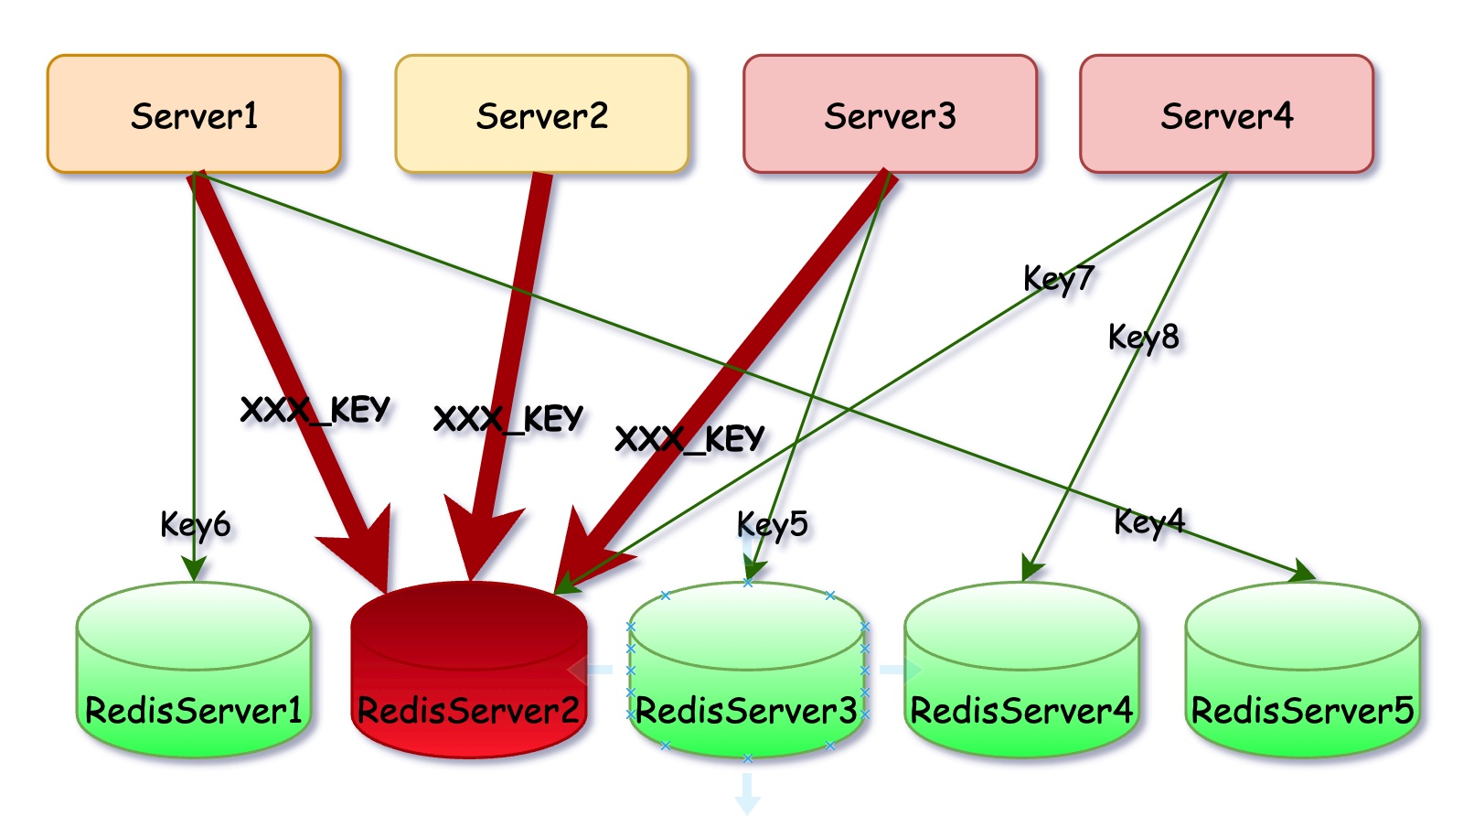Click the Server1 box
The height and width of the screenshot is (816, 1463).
[194, 114]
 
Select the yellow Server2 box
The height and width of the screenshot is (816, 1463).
[541, 114]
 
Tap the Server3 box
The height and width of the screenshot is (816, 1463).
[890, 114]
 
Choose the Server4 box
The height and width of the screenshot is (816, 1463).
[1226, 114]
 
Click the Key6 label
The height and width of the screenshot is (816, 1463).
[195, 525]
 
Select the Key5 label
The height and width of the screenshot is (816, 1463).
[773, 524]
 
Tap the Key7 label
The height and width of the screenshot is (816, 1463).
[1058, 278]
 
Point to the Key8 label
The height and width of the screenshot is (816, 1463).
[1143, 338]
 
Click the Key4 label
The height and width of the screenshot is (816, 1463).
[1148, 522]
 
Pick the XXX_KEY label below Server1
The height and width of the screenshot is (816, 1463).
[315, 410]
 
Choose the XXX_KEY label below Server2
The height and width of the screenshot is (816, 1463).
[507, 419]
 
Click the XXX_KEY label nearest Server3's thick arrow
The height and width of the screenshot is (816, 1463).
[689, 439]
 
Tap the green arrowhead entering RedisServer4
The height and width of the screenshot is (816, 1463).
[1031, 569]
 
